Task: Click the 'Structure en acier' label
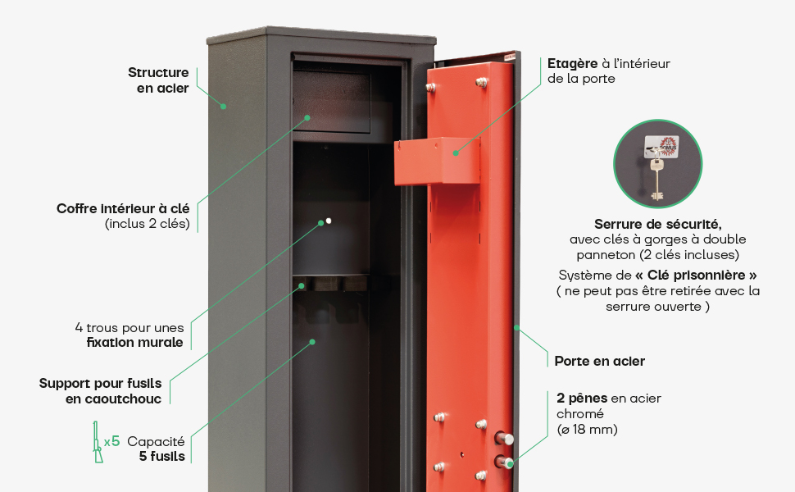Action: click(x=158, y=80)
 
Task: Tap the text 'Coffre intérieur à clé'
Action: click(x=123, y=209)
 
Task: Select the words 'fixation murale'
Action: click(x=134, y=343)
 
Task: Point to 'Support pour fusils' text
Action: click(x=100, y=383)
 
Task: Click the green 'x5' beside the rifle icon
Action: click(x=111, y=441)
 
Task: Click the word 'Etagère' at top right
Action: click(x=570, y=63)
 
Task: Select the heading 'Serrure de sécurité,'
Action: click(x=657, y=224)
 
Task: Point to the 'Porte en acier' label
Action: click(x=599, y=361)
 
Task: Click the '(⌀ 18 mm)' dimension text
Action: click(x=587, y=430)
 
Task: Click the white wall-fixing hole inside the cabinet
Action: click(x=329, y=221)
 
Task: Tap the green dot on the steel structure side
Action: click(x=222, y=106)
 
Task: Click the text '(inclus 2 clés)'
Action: click(x=147, y=224)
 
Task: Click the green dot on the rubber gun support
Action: click(x=302, y=286)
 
